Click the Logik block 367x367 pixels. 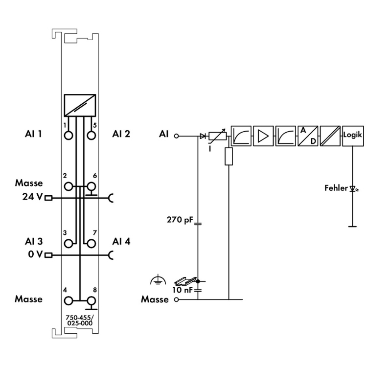(x=353, y=135)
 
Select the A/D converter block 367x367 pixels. (x=309, y=135)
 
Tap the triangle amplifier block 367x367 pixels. (x=264, y=135)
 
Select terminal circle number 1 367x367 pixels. (x=69, y=135)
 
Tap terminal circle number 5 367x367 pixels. (x=91, y=135)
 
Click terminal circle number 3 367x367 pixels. (x=69, y=242)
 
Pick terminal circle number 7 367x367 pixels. (x=91, y=242)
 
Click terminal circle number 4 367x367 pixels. (x=69, y=300)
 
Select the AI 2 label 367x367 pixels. (x=121, y=133)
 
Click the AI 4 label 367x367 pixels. (x=121, y=241)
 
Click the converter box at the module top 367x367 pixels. (x=79, y=105)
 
